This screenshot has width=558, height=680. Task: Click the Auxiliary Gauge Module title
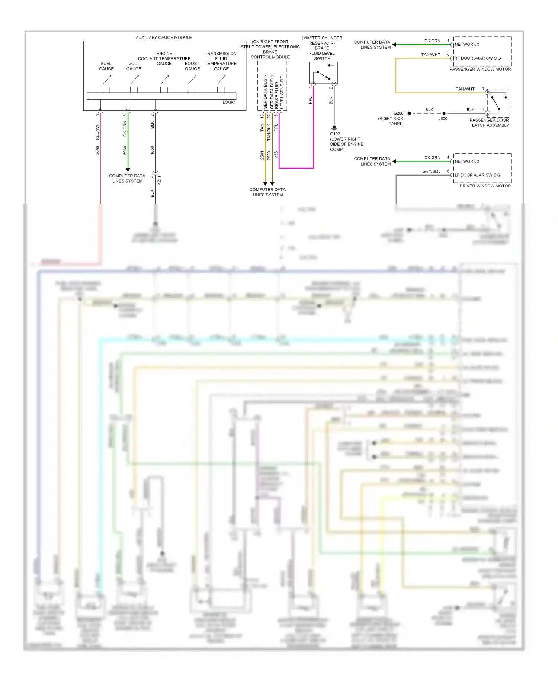pos(164,38)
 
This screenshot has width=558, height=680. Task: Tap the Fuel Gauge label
pos(106,66)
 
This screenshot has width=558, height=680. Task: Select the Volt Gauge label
pos(134,66)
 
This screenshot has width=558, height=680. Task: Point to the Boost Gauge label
pos(192,66)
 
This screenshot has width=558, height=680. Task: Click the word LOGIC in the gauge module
pos(229,102)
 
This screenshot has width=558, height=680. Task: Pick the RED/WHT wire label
pos(97,130)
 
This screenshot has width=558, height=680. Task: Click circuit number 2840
pos(97,150)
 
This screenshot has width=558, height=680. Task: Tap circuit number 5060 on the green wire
pos(125,150)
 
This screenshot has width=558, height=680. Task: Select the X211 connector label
pos(159,180)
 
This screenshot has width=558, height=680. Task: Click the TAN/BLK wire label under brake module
pos(269,132)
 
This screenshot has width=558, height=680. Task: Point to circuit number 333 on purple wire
pos(276,154)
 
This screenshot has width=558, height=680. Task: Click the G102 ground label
pos(335,134)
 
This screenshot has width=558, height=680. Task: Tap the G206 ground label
pos(398,113)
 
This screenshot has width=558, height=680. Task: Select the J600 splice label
pos(443,119)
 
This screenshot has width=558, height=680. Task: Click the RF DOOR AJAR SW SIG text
pos(478,58)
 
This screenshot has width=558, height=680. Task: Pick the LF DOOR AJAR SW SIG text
pos(478,175)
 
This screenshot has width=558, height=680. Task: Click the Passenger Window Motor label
pos(480,69)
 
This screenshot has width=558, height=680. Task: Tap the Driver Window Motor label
pos(485,186)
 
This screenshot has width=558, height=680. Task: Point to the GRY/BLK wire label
pos(431,171)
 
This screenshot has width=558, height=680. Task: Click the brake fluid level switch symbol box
pos(323,73)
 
